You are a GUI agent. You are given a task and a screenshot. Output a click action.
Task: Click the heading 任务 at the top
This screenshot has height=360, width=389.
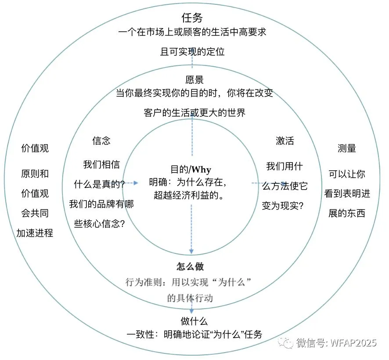192,18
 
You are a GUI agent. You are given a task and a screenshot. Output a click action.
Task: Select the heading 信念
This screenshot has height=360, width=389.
101,140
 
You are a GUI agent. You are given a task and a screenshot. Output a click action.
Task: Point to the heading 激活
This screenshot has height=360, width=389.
285,141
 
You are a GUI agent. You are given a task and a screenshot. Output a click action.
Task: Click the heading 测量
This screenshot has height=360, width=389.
347,148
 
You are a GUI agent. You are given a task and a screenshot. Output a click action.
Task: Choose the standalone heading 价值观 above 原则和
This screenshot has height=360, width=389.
35,148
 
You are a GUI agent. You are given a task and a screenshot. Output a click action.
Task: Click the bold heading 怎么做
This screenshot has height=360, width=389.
190,266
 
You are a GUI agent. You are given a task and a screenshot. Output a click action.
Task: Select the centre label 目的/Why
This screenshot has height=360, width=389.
191,169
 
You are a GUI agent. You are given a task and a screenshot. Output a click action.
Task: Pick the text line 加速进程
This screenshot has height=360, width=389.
35,233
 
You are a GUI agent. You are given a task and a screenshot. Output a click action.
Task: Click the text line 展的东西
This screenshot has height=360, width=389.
347,214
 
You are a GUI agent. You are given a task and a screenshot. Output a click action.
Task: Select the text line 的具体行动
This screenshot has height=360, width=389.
190,298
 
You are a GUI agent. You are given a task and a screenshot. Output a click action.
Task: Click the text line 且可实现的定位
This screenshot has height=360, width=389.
192,52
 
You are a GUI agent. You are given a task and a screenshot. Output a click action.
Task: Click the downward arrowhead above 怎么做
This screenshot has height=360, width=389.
191,251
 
